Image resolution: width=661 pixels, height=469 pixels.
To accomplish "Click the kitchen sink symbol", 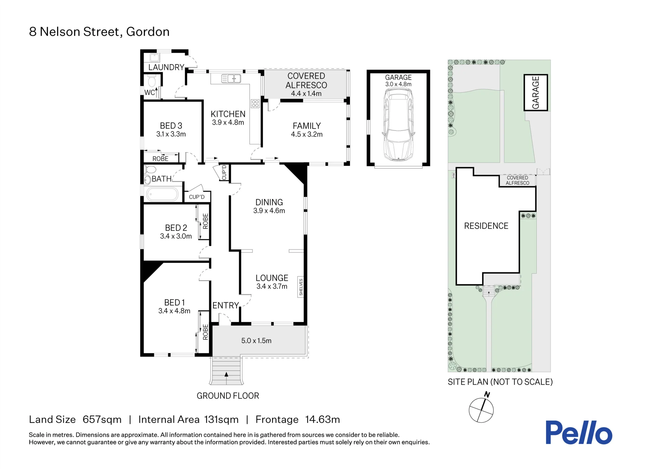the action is pyautogui.click(x=231, y=78).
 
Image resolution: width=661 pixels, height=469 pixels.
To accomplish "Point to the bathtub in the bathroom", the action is pyautogui.click(x=162, y=194).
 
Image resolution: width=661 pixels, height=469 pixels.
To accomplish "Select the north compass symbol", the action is pyautogui.click(x=481, y=409).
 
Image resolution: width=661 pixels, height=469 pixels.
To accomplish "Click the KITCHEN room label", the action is pyautogui.click(x=228, y=114).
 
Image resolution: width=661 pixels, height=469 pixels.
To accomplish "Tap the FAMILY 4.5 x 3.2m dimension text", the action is pyautogui.click(x=307, y=134).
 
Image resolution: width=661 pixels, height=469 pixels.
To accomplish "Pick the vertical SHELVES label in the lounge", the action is pyautogui.click(x=301, y=287).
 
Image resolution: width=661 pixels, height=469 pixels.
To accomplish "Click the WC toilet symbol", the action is pyautogui.click(x=152, y=81).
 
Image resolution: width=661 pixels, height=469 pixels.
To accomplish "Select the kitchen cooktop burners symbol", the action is pyautogui.click(x=255, y=104).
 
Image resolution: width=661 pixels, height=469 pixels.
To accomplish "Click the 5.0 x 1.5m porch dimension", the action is pyautogui.click(x=256, y=341).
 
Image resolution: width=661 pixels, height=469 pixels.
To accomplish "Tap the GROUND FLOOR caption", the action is pyautogui.click(x=228, y=396).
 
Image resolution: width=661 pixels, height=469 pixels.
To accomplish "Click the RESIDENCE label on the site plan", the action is pyautogui.click(x=486, y=226).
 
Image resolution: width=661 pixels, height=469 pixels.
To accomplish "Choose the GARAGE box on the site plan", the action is pyautogui.click(x=535, y=93).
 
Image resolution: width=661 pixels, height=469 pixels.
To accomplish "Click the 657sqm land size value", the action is pyautogui.click(x=102, y=419).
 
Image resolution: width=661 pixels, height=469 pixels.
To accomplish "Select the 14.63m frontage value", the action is pyautogui.click(x=323, y=419).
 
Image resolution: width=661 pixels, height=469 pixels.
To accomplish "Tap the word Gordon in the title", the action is pyautogui.click(x=148, y=32).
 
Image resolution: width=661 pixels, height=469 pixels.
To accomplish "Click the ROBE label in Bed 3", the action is pyautogui.click(x=161, y=159).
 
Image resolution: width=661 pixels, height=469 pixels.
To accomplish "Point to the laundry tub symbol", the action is pyautogui.click(x=154, y=58).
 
